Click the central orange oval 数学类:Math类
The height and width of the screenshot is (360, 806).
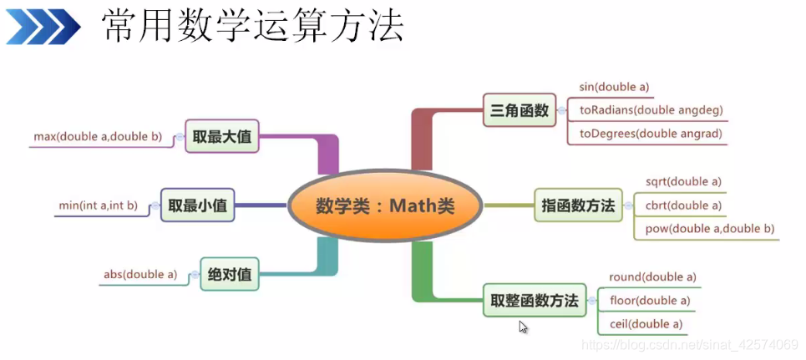[x=385, y=205]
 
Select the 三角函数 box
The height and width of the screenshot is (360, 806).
[x=520, y=109]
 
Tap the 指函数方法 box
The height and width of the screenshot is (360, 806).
[x=576, y=205]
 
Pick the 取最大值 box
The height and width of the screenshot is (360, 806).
[x=222, y=136]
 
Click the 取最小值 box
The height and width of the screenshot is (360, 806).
[x=198, y=205]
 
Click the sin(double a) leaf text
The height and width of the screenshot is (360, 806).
[x=614, y=86]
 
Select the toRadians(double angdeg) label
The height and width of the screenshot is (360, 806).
[x=651, y=109]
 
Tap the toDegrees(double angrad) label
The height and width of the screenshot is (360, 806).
[x=650, y=133]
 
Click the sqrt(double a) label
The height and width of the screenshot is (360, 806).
[x=683, y=181]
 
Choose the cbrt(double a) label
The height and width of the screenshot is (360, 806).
[x=683, y=205]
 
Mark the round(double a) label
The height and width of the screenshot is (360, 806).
[x=652, y=276]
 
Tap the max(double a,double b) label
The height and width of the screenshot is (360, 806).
[x=98, y=136]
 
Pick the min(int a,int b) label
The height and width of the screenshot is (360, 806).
[x=98, y=205]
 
